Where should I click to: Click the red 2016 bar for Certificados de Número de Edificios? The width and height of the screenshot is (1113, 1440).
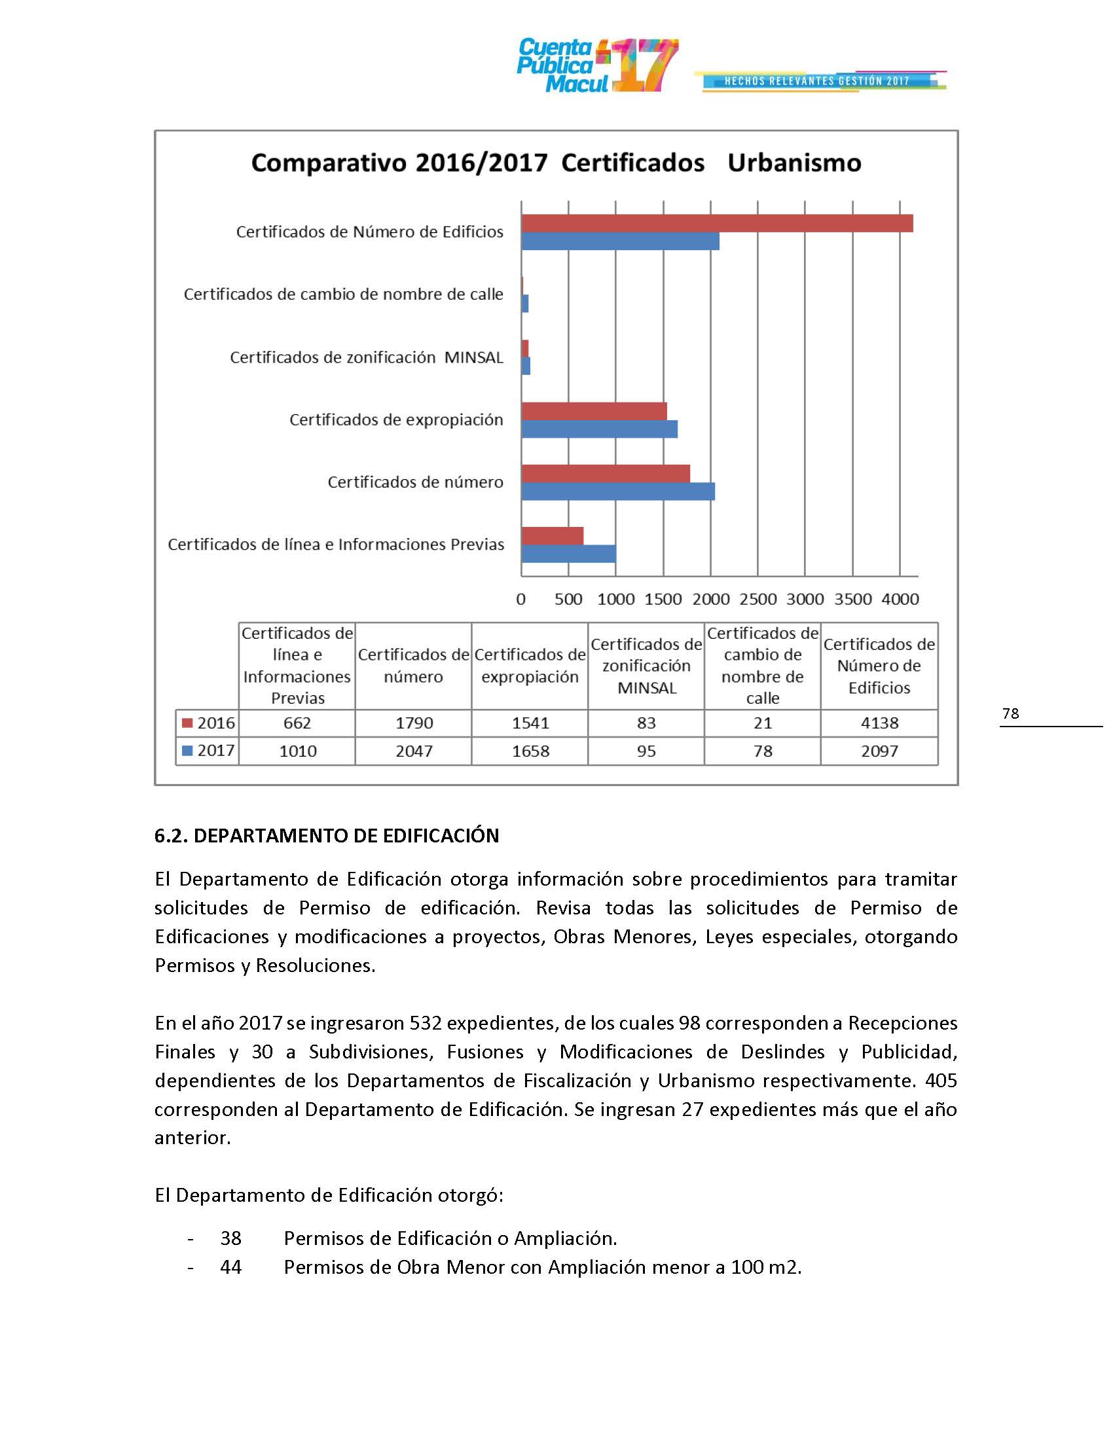717,223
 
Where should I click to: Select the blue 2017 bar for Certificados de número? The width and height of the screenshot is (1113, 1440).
618,491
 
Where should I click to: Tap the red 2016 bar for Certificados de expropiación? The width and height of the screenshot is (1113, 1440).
594,412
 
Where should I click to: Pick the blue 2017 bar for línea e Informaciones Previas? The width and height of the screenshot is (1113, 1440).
568,554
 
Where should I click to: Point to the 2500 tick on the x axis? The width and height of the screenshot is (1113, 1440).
757,599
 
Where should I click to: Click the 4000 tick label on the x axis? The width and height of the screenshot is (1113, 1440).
900,599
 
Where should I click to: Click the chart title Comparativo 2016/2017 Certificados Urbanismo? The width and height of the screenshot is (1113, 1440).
556,163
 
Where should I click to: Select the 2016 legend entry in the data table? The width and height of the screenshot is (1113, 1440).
208,723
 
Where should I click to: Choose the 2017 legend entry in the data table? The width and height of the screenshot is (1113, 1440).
208,750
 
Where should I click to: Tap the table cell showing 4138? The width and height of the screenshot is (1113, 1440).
879,723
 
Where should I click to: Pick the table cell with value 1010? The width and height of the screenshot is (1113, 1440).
297,751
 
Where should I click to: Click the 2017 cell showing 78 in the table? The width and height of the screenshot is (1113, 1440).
763,751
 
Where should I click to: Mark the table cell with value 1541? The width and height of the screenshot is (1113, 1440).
530,723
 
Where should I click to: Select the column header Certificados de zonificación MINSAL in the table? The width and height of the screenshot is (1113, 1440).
646,666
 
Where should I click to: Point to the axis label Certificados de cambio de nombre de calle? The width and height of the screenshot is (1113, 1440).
343,294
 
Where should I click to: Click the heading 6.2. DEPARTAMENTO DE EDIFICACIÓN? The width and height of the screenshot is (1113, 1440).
327,835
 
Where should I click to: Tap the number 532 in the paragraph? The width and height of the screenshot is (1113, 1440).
426,1022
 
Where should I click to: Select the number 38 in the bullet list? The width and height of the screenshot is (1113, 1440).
230,1238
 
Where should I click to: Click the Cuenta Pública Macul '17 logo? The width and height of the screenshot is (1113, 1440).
596,65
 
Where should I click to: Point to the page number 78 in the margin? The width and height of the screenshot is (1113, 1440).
1010,713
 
